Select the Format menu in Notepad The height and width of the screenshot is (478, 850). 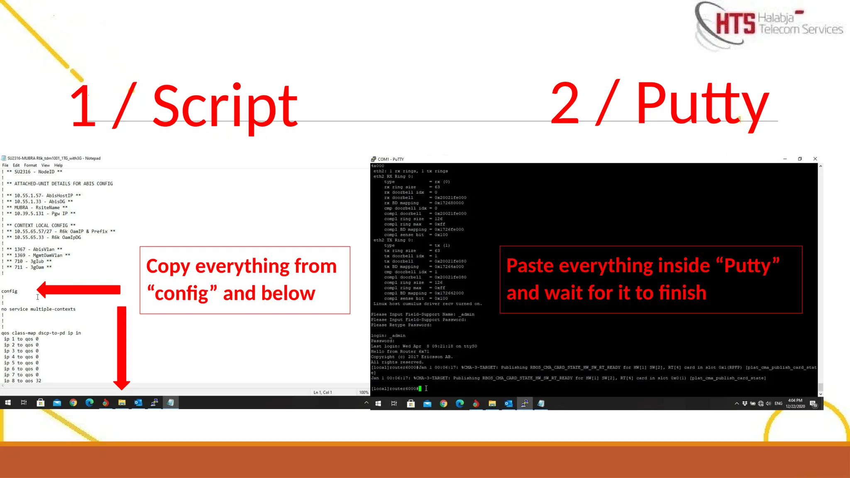tap(30, 165)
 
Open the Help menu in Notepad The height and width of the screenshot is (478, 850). tap(58, 165)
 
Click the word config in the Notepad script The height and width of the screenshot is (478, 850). tap(9, 291)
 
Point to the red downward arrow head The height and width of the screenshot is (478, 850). tap(122, 384)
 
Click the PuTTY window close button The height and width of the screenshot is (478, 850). tap(815, 159)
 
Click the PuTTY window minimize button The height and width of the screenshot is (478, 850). tap(785, 159)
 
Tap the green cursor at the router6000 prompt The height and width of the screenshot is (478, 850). tap(420, 389)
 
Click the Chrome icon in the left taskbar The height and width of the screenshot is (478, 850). tap(73, 402)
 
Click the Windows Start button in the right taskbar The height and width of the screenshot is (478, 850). tap(378, 403)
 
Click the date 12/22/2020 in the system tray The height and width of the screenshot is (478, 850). tap(795, 406)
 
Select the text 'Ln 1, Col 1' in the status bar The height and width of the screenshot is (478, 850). tap(322, 392)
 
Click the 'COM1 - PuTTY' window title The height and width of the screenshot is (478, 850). tap(390, 159)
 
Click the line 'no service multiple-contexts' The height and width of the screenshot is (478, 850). tap(38, 309)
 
